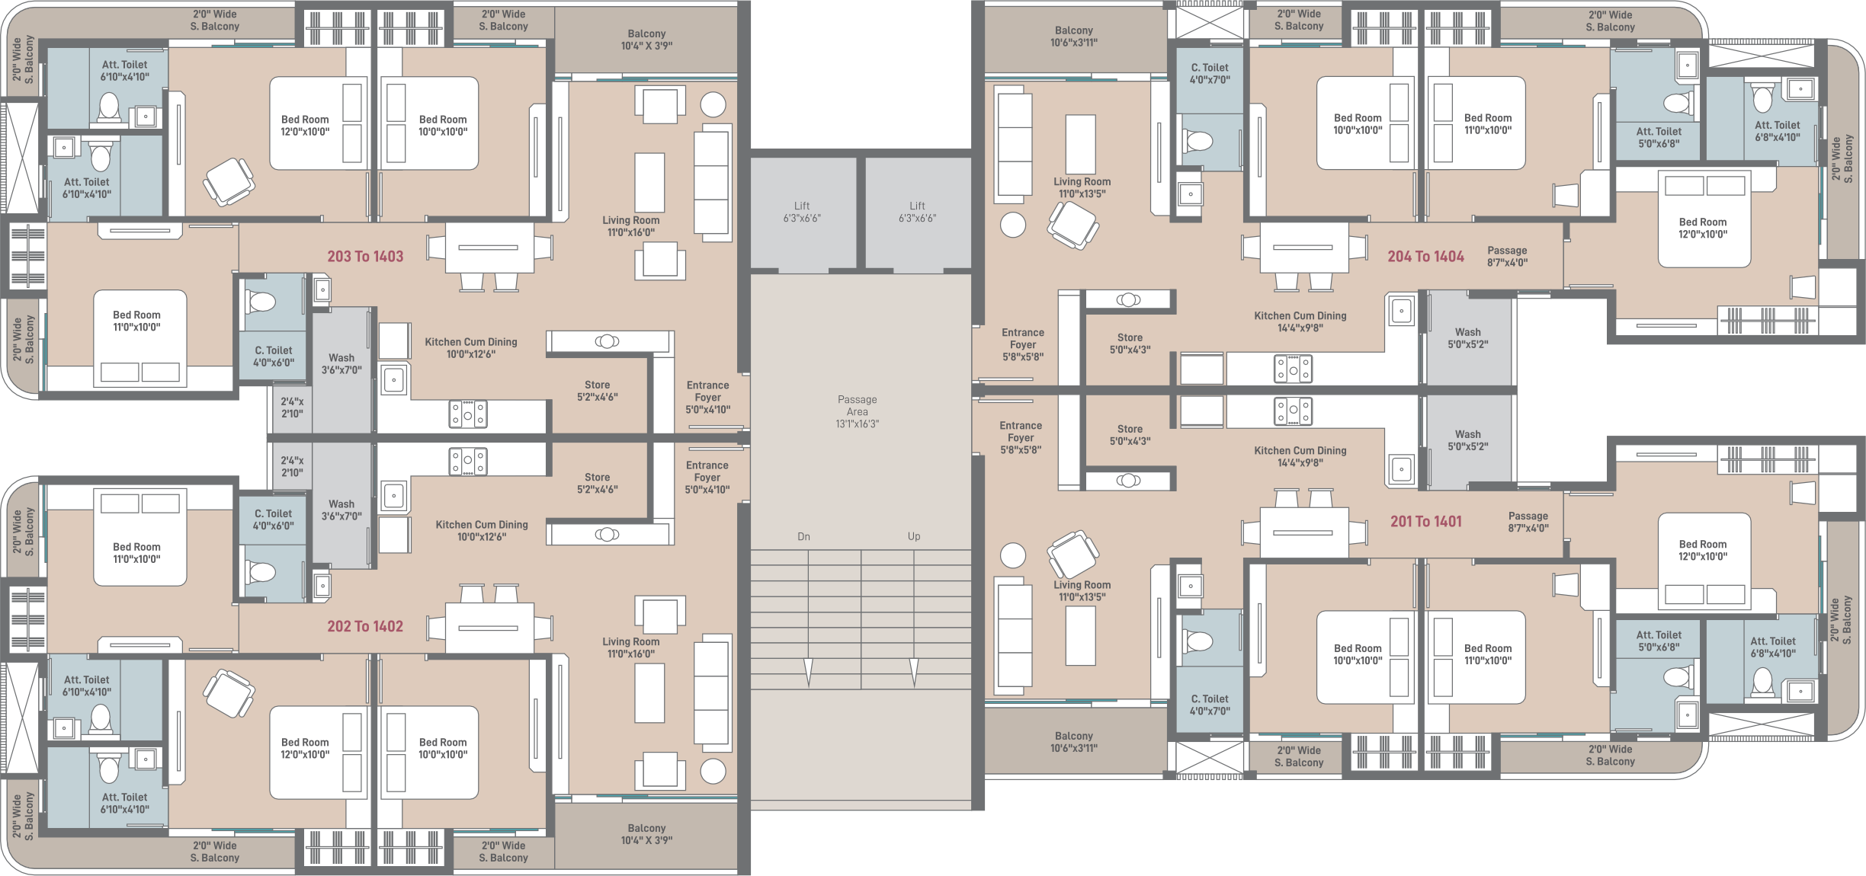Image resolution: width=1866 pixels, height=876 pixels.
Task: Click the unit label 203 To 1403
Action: [365, 257]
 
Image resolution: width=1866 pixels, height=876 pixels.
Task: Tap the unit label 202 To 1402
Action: [365, 626]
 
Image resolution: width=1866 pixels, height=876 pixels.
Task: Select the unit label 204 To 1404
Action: [1425, 257]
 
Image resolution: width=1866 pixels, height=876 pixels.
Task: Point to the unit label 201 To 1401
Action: [1425, 521]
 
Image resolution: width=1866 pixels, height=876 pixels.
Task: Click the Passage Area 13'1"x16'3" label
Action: [857, 411]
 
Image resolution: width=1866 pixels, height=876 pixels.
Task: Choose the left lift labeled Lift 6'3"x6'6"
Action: [802, 212]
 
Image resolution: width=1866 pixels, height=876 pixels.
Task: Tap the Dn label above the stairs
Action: [803, 536]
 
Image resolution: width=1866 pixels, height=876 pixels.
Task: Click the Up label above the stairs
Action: [914, 536]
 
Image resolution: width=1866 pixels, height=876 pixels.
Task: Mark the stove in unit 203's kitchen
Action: [467, 414]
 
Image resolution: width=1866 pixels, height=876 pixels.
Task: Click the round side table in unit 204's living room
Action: [1013, 225]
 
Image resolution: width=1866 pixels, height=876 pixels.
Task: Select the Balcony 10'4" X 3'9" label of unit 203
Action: [646, 40]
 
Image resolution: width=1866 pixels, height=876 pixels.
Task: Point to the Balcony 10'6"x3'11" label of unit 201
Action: [1074, 742]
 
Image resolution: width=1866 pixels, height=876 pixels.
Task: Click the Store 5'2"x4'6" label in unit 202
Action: [597, 483]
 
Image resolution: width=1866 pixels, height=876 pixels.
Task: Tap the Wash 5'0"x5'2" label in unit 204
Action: [1468, 338]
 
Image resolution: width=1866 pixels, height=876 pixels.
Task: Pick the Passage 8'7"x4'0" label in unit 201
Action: [1528, 522]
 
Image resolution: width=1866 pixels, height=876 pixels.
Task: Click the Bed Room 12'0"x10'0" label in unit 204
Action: [1703, 228]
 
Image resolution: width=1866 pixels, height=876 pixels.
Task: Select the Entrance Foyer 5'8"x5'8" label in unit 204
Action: [1023, 344]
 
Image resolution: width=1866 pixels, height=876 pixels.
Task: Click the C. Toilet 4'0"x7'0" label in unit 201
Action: [1210, 705]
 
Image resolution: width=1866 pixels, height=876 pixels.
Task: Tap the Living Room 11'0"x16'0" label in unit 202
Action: [631, 647]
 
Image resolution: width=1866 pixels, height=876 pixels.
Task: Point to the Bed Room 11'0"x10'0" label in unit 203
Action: [136, 321]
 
